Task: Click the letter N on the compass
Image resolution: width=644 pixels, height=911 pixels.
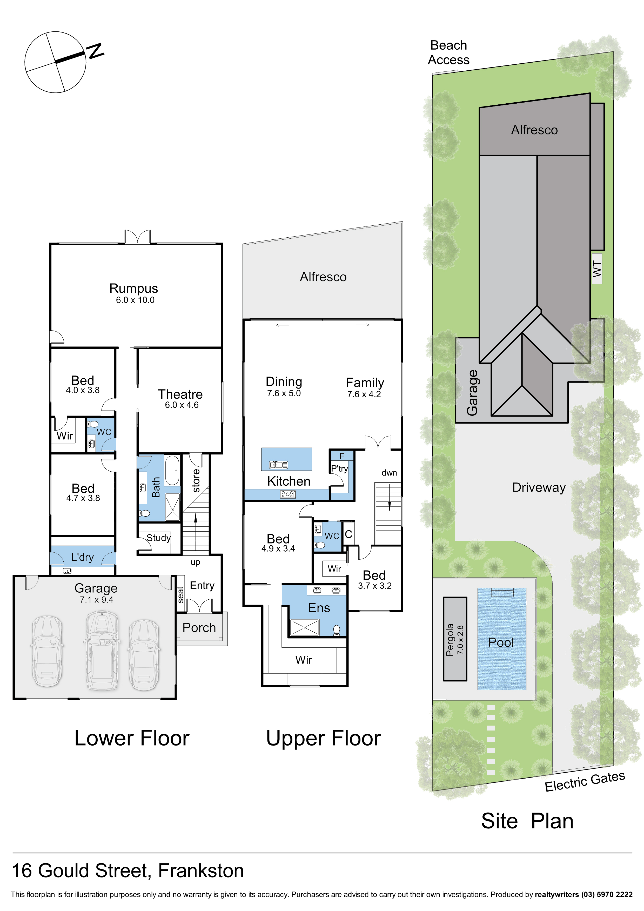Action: pos(96,51)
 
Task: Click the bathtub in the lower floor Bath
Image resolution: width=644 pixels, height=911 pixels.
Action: pos(172,470)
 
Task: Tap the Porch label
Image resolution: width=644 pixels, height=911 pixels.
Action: pos(199,627)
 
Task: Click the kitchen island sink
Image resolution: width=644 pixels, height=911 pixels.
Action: pos(279,465)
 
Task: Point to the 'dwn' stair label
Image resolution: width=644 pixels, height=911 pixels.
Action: pos(389,473)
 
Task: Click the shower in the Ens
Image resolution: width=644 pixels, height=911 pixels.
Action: pos(304,627)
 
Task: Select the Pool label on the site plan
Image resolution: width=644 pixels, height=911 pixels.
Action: pos(501,642)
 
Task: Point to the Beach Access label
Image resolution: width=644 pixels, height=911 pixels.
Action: pos(449,52)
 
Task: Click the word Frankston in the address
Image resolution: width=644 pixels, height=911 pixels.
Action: pos(201,870)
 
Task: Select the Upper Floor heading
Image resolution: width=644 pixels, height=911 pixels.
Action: pos(323,738)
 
